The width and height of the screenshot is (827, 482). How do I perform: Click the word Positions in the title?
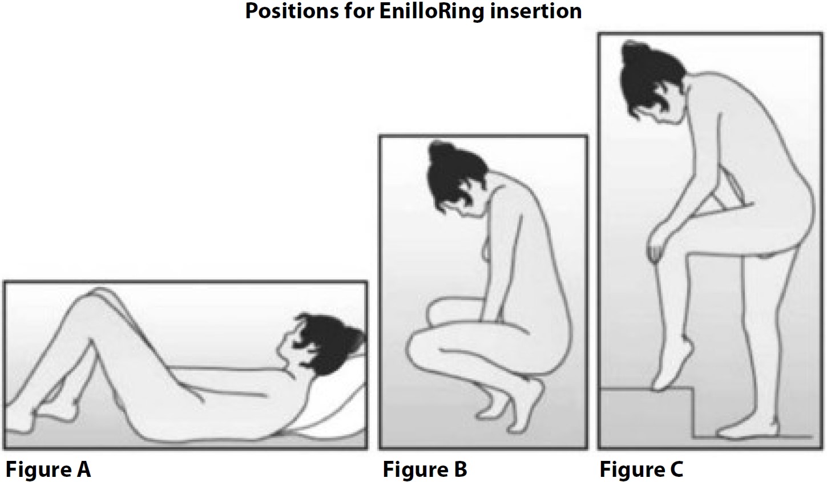[292, 11]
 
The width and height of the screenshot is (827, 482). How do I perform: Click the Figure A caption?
[49, 469]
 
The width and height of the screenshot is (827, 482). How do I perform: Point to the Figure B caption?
[425, 469]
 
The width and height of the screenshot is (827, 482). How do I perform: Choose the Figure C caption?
[642, 469]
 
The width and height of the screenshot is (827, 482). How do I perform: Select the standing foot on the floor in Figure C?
[748, 431]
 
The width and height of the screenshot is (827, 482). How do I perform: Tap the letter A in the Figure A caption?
[83, 469]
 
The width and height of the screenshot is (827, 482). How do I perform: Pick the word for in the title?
[358, 11]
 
